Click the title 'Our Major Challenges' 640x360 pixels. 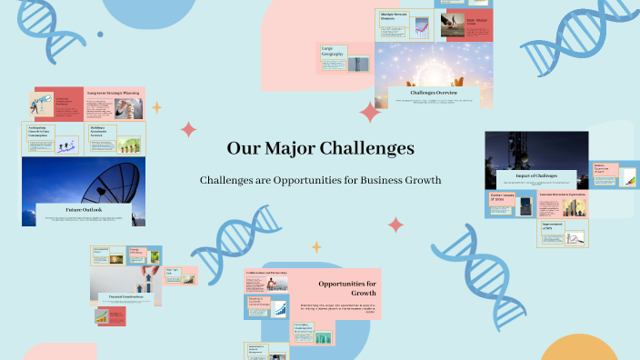320,147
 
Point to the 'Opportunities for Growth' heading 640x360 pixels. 341,288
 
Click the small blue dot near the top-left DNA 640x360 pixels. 100,35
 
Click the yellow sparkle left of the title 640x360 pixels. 156,107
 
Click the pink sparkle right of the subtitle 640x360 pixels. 396,224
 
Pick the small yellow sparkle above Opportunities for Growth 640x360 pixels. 316,246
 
